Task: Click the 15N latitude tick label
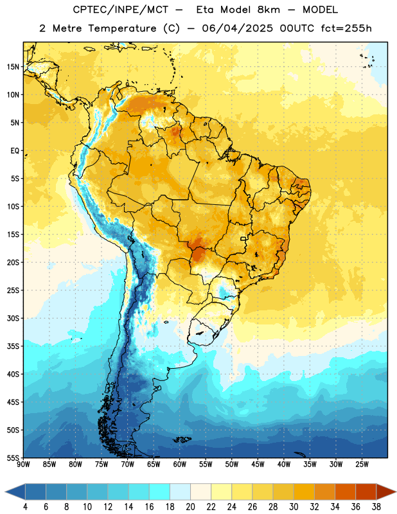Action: [13, 67]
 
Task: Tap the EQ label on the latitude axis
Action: [15, 151]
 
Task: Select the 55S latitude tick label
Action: [13, 458]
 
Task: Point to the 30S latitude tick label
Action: [13, 318]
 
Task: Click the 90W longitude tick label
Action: [23, 465]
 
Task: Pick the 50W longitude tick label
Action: [232, 465]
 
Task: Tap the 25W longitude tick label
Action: [362, 465]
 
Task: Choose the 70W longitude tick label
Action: [128, 465]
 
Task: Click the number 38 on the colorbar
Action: [376, 507]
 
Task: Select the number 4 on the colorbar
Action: [25, 507]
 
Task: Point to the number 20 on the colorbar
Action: [190, 507]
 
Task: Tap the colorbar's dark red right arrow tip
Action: [396, 492]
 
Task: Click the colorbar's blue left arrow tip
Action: [5, 492]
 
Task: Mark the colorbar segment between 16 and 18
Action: [160, 492]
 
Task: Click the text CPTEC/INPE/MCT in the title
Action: [120, 10]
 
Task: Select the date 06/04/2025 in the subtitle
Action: [237, 28]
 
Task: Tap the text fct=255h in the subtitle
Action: [346, 28]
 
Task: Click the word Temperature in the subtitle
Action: [122, 28]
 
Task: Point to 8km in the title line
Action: [269, 10]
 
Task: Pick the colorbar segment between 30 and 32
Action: [304, 492]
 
